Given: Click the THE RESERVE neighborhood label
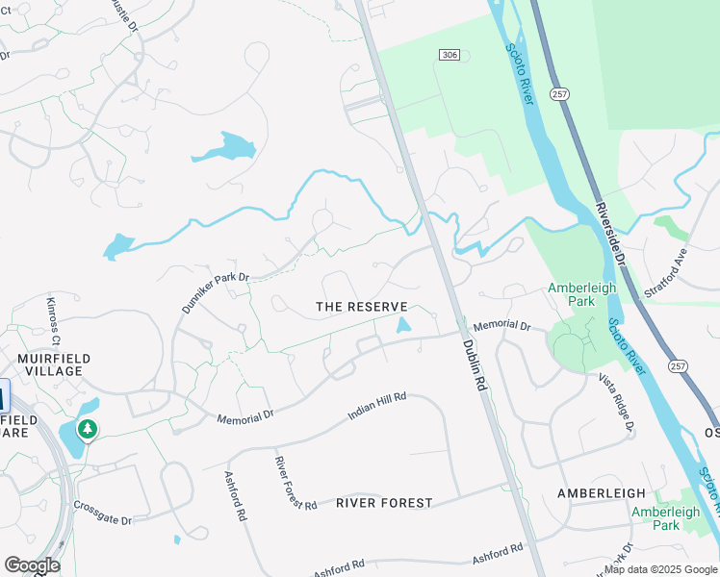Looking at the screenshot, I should point(369,306).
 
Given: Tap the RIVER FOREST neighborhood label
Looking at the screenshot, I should point(384,502).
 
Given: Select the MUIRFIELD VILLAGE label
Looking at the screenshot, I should point(54,365).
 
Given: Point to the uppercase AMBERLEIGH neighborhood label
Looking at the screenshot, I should point(602,492).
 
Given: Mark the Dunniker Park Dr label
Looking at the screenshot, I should point(216,290).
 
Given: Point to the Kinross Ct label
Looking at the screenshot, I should point(53,321).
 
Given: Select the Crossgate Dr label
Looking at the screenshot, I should point(102,513).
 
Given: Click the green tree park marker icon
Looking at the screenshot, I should point(89,429).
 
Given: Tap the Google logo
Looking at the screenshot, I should point(32,565).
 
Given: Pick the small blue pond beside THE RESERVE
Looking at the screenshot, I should point(403,325).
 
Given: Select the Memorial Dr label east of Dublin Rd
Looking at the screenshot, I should point(501,327).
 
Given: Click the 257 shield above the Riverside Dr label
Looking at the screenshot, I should point(560,93).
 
